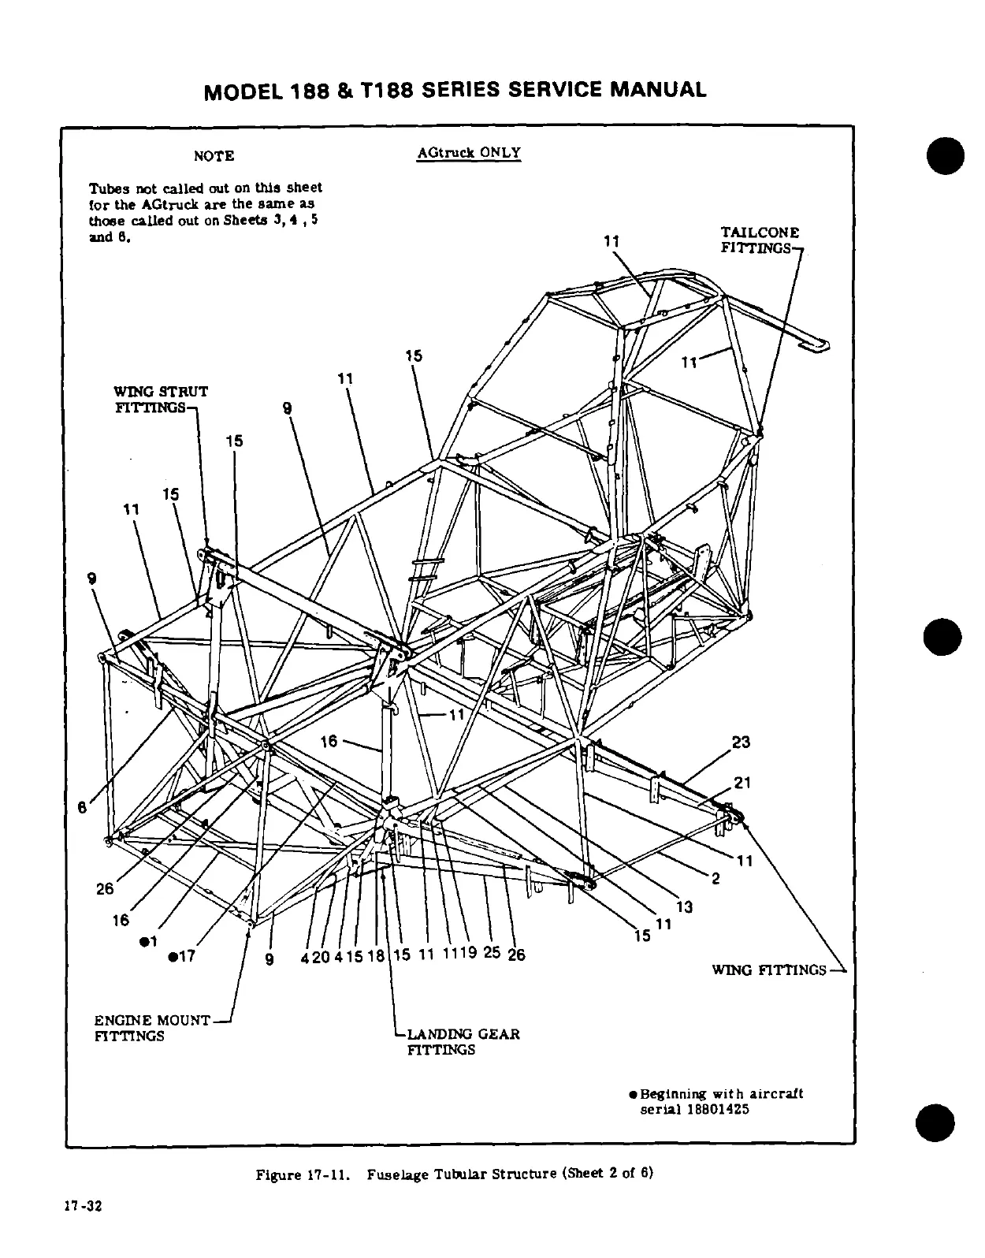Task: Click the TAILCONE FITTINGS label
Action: pos(760,240)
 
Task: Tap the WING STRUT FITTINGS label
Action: pos(161,399)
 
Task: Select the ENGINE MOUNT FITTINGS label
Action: pos(152,1028)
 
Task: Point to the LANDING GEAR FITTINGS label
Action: pos(463,1041)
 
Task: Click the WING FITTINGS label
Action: pos(768,970)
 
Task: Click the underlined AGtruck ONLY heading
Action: pos(468,152)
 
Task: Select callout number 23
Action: pos(741,743)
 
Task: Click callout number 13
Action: pos(684,907)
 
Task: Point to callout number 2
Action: pos(716,880)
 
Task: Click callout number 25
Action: pos(492,952)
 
